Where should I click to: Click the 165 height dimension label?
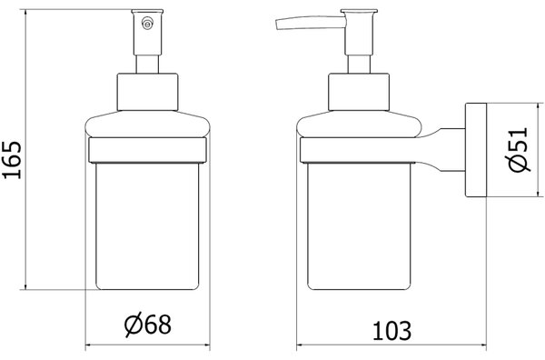[x=12, y=160]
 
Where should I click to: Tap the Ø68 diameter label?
[x=148, y=325]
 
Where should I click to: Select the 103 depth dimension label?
[x=391, y=330]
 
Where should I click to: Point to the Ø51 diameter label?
[x=519, y=150]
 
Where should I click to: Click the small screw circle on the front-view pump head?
[x=147, y=24]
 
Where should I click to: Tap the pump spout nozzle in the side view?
[x=311, y=23]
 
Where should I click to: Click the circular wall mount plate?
[x=476, y=150]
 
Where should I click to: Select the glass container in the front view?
[x=147, y=226]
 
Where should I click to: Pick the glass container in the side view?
[x=359, y=226]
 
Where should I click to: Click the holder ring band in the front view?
[x=147, y=150]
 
